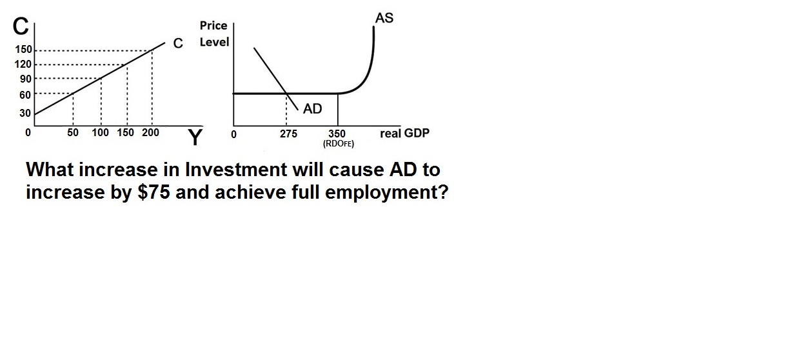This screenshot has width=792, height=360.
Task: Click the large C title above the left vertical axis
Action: (21, 26)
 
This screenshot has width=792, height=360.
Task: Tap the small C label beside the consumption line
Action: (178, 43)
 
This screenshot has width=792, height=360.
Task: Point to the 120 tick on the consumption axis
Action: (23, 64)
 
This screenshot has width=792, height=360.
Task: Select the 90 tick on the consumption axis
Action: (26, 79)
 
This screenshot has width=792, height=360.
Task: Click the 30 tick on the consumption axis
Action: (25, 113)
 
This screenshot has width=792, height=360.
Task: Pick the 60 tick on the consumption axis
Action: (25, 95)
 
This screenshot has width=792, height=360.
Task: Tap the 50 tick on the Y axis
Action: (72, 132)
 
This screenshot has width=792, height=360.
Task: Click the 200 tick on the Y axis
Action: (151, 132)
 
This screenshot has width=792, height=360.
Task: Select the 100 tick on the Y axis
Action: (100, 132)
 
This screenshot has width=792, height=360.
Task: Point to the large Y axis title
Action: (195, 137)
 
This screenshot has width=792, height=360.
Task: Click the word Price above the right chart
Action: (213, 25)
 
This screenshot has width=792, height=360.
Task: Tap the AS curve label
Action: (384, 18)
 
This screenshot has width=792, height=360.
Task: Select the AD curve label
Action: (313, 108)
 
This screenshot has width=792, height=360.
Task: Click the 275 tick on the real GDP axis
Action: (288, 134)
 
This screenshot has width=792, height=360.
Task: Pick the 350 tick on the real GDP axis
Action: (337, 134)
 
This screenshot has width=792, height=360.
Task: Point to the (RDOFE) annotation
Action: (339, 144)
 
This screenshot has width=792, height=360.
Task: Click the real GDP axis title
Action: (405, 134)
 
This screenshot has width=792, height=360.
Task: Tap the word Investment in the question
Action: (236, 170)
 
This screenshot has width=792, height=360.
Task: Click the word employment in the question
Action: (386, 193)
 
